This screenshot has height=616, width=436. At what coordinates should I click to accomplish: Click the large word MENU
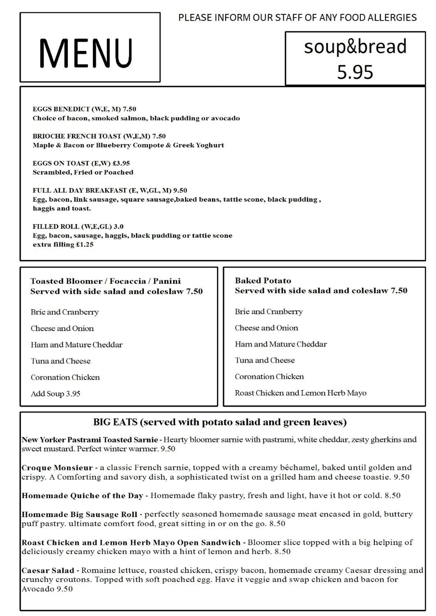tap(86, 53)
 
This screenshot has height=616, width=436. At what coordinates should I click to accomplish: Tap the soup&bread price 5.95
tap(355, 72)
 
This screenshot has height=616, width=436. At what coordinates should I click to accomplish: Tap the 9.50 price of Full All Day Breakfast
tap(180, 190)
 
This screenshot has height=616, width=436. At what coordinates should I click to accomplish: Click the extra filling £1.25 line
tap(63, 244)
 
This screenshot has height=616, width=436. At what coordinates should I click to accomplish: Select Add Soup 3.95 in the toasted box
tap(56, 394)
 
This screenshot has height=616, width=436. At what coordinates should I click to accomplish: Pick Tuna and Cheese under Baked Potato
tap(265, 360)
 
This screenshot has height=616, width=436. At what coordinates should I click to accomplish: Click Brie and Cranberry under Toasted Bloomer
tap(65, 312)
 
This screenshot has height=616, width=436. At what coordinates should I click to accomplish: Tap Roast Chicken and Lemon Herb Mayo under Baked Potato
tap(300, 393)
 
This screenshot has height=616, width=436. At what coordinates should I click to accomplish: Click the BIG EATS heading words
tap(115, 422)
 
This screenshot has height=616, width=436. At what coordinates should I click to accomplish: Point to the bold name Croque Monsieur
tap(57, 468)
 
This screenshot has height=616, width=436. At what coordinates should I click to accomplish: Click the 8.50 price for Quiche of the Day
tap(392, 495)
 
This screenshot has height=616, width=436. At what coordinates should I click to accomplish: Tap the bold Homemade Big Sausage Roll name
tap(79, 514)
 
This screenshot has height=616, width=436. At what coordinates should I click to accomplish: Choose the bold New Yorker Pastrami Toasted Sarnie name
tap(90, 440)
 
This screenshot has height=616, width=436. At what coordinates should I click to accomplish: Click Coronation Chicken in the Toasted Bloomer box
tap(65, 377)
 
